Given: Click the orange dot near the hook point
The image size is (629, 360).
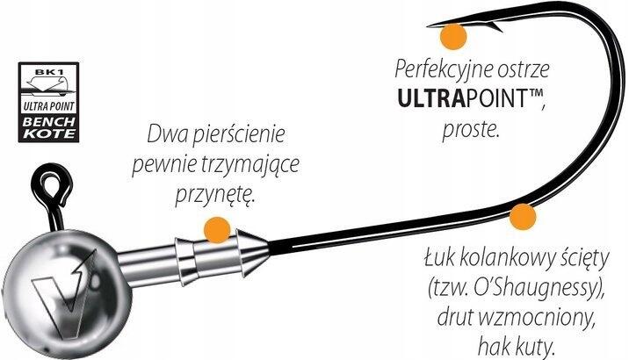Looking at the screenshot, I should tap(452, 38).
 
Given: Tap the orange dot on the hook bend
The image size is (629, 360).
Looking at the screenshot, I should tap(522, 215).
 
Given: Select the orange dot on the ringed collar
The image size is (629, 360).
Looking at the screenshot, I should tap(213, 230).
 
